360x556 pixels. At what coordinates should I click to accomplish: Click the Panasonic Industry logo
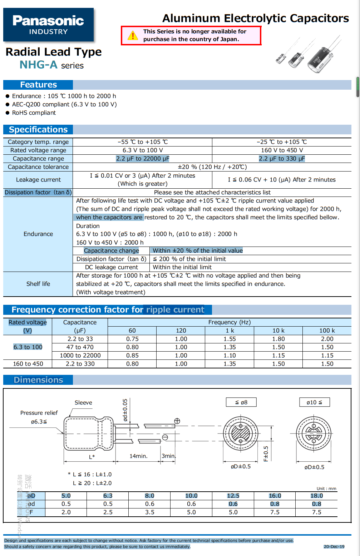point(48,25)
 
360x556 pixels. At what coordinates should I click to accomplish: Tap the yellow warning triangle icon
point(133,36)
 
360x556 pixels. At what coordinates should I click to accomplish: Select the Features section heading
point(38,85)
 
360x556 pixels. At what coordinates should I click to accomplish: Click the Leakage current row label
point(38,180)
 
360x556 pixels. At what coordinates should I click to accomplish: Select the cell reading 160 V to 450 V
point(282,150)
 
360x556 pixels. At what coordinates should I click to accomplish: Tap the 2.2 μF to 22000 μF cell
point(143,159)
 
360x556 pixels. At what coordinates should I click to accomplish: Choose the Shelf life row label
point(38,284)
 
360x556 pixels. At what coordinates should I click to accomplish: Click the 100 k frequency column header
point(327,331)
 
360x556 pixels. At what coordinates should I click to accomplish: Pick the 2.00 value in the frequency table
point(327,339)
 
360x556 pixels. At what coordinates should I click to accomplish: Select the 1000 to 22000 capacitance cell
point(80,356)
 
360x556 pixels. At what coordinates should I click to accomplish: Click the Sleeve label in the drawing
point(83,403)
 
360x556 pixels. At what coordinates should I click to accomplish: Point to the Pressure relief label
point(39,413)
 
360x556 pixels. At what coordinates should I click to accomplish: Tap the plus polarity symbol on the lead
point(177,421)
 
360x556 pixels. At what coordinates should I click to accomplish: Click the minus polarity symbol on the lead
point(165,437)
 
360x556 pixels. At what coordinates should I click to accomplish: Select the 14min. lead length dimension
point(138,456)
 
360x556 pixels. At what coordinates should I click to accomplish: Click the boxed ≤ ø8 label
point(241,402)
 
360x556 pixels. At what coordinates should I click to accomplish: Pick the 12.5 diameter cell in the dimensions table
point(233,496)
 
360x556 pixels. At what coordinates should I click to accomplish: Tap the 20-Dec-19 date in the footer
point(334,547)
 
